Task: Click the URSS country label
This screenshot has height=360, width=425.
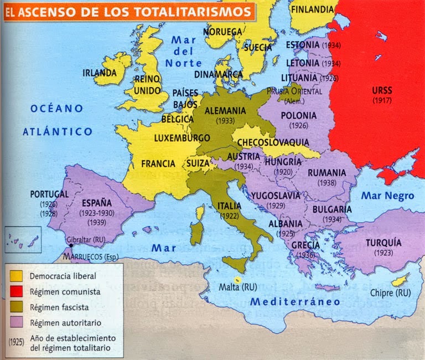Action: click(382, 90)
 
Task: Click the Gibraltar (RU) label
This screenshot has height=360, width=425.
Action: click(86, 239)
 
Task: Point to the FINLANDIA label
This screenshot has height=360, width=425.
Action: click(313, 9)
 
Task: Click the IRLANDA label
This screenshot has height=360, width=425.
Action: click(99, 73)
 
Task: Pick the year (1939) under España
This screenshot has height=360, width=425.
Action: click(97, 223)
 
